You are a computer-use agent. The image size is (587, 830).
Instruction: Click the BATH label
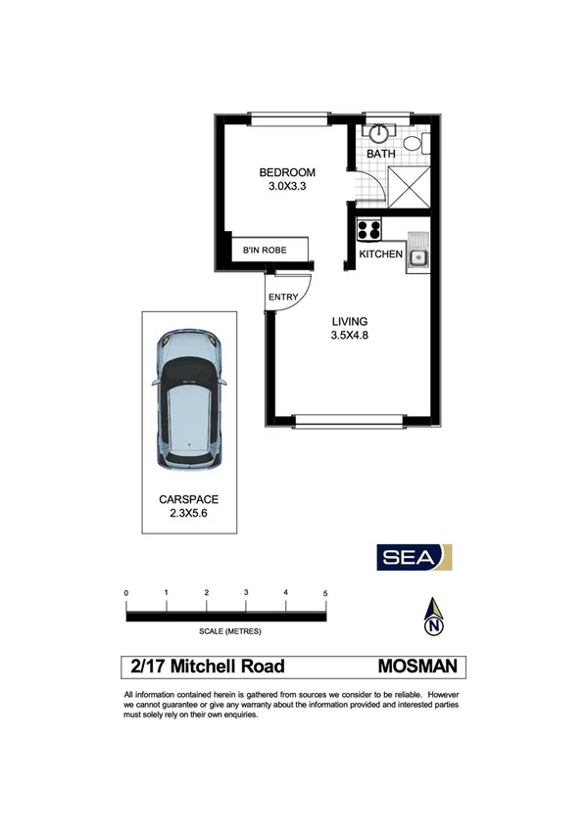pyautogui.click(x=380, y=155)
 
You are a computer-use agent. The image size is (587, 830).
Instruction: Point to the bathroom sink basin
pyautogui.click(x=378, y=134)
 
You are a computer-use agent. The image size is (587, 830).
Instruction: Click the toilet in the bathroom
pyautogui.click(x=416, y=145)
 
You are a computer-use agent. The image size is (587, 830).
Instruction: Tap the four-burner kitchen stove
pyautogui.click(x=369, y=231)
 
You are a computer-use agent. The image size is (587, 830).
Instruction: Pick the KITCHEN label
pyautogui.click(x=380, y=254)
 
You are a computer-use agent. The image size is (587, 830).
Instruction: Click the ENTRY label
pyautogui.click(x=282, y=298)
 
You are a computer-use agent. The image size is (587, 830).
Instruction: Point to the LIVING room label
pyautogui.click(x=349, y=321)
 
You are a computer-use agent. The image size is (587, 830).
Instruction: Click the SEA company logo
pyautogui.click(x=415, y=556)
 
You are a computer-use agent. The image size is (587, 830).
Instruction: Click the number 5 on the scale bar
pyautogui.click(x=324, y=593)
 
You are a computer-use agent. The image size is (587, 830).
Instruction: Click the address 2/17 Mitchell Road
pyautogui.click(x=208, y=667)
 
